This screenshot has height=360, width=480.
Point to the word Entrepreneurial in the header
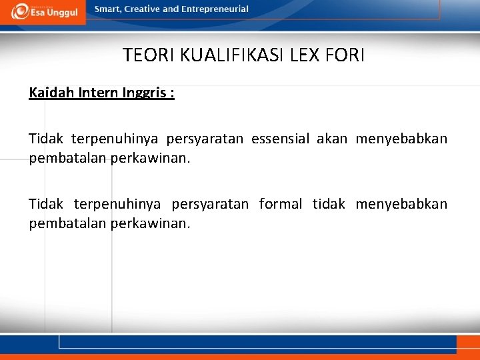point(215,9)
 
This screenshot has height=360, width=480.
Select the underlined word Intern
point(99,93)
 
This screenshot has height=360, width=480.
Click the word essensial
point(280,139)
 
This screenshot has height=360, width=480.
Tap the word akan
point(332,139)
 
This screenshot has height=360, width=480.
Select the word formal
point(281,203)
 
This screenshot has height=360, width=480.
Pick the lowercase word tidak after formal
point(329,203)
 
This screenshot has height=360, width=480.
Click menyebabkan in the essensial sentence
point(401,139)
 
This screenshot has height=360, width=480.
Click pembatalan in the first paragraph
point(62,159)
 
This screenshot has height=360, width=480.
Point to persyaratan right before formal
point(210,203)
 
